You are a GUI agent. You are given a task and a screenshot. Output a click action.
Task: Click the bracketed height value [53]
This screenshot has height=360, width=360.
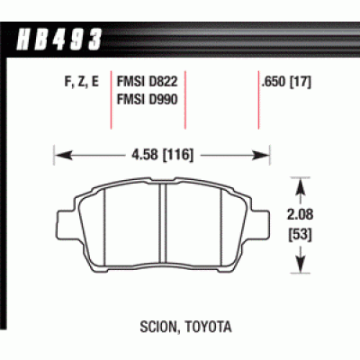[300, 237]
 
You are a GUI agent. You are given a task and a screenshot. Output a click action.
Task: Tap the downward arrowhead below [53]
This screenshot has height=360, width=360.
[300, 269]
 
